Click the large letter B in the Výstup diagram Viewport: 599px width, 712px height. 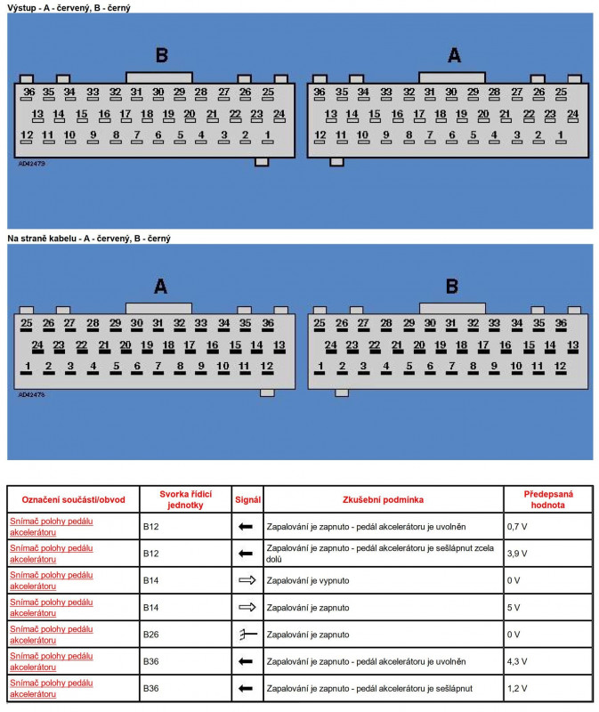161,56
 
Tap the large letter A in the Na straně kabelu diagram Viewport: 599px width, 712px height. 160,287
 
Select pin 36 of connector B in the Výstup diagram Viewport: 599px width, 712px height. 29,92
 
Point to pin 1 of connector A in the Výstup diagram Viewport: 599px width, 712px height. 561,135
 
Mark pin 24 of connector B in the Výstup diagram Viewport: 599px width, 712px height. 279,115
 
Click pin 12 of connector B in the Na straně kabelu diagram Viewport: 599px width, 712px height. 560,367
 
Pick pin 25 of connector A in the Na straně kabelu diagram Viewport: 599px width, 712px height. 27,323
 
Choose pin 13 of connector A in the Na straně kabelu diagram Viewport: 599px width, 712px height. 279,345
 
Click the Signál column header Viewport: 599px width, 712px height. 247,499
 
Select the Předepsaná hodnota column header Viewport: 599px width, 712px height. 547,499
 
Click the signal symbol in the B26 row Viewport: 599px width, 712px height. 247,635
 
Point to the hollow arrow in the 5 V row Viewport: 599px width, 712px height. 247,608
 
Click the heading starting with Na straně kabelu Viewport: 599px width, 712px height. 89,239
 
